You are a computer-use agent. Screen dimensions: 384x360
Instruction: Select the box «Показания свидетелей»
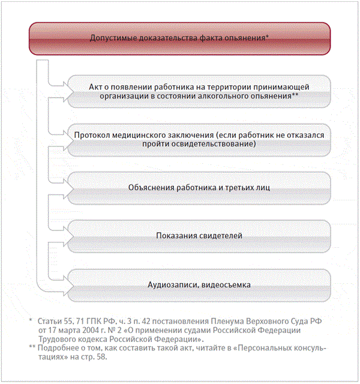(199, 235)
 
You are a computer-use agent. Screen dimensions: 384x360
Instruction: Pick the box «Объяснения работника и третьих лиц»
(199, 187)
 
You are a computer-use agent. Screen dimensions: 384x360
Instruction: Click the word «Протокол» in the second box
(94, 135)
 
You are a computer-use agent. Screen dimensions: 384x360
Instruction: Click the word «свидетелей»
(220, 235)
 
